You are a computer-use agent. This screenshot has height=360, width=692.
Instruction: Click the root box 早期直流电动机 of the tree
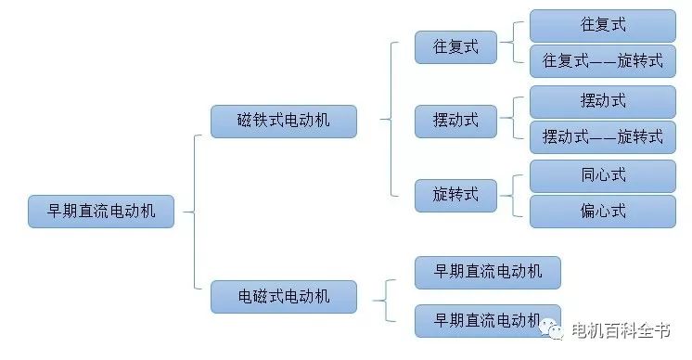101,212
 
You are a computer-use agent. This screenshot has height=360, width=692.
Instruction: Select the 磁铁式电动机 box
283,122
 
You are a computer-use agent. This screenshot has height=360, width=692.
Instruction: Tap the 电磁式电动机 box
283,297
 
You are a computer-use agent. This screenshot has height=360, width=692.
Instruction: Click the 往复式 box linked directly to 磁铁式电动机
455,46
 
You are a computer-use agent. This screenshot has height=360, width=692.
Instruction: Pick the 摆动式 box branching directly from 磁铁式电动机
455,120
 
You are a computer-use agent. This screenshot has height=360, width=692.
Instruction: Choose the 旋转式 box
455,194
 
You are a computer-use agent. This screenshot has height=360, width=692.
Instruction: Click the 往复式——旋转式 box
602,61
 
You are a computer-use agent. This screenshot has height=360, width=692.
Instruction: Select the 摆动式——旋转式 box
602,136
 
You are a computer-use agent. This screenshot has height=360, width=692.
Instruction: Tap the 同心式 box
602,174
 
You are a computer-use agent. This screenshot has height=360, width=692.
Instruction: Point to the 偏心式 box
602,211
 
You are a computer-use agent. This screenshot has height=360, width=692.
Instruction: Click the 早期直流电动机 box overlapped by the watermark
487,319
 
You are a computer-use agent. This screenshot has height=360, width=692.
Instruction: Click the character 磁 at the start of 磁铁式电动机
245,122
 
